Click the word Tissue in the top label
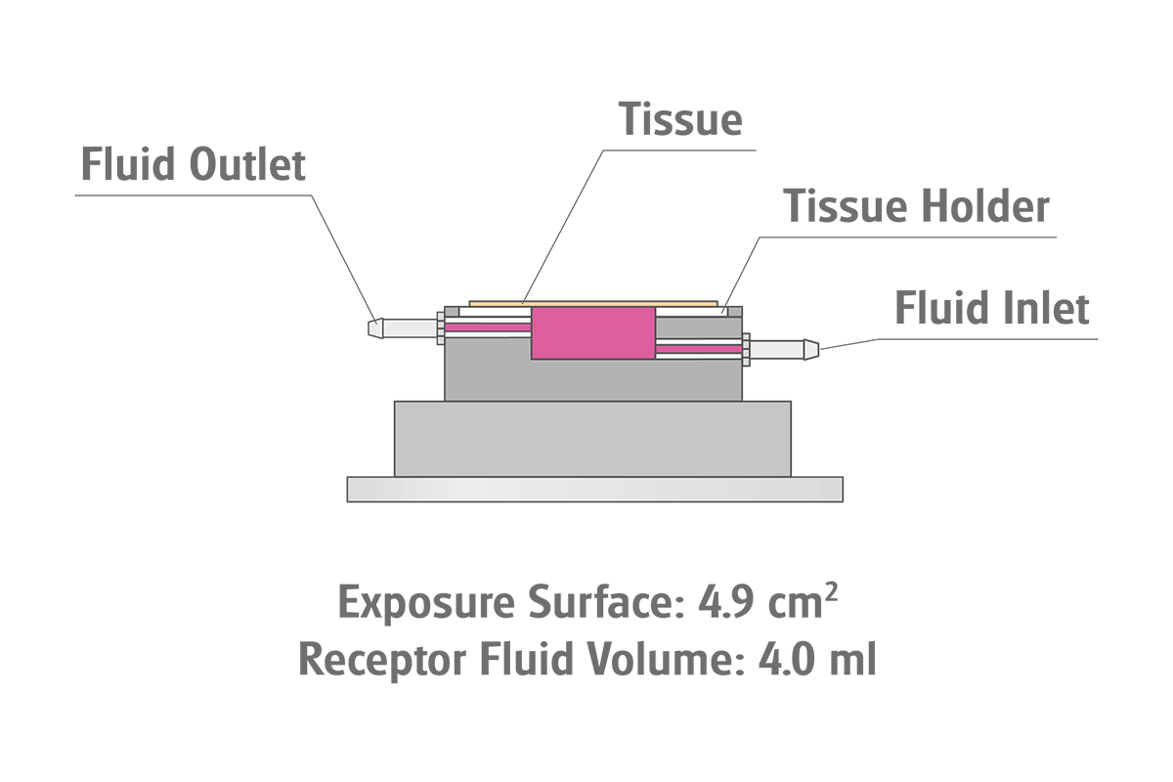pos(681,119)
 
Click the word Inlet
pos(1048,309)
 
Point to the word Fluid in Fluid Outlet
pos(123,164)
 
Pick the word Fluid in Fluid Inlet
pos(936,309)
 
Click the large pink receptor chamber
pos(592,332)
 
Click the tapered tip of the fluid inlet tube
pos(811,347)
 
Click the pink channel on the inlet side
pos(698,347)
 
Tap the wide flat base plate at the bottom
pos(594,489)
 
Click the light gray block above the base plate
pos(592,438)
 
